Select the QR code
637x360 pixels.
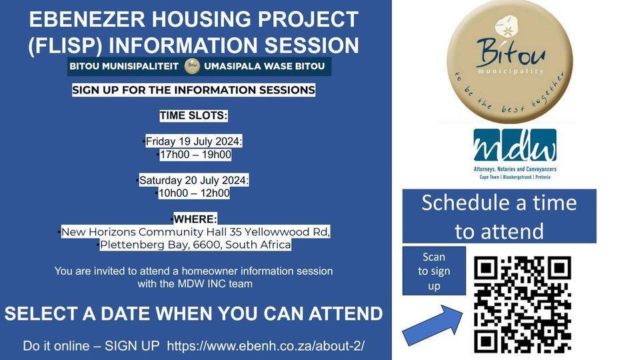click(522, 304)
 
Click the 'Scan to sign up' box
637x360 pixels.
click(434, 271)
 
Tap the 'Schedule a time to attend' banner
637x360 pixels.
click(499, 216)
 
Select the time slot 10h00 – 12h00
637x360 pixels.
click(193, 193)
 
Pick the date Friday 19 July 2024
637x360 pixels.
click(194, 141)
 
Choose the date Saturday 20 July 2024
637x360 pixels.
click(194, 181)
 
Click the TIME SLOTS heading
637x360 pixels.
click(193, 116)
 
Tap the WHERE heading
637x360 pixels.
click(195, 219)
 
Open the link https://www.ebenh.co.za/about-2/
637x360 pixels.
click(265, 345)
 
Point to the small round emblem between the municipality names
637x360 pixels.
click(193, 66)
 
